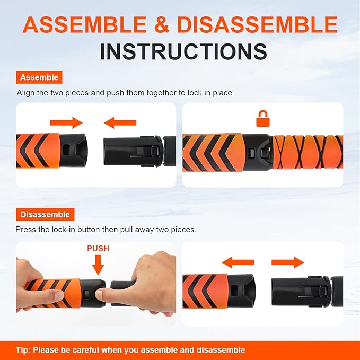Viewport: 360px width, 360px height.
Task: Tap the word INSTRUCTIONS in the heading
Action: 183,51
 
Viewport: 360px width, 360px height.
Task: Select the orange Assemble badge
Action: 39,77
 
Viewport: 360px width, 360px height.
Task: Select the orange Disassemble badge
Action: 45,215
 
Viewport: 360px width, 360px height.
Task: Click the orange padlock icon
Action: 262,119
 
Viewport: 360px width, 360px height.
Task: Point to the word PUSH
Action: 98,248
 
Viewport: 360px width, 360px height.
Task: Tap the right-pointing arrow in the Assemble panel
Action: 66,124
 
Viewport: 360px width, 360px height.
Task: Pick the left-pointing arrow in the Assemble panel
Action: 120,124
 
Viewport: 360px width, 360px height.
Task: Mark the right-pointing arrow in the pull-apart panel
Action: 287,262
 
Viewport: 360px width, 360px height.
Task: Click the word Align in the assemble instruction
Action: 25,93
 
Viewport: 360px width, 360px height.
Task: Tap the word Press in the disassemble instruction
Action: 27,230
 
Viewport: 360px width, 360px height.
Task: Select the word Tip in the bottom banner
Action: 23,350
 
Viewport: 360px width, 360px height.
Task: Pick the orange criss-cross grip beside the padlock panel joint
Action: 305,153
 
